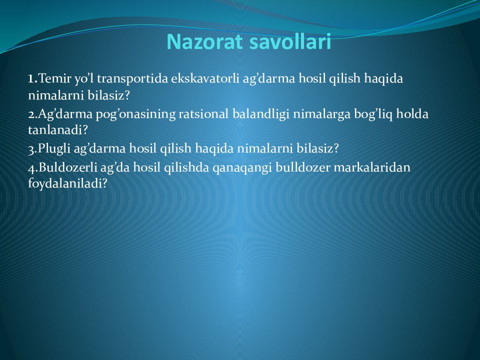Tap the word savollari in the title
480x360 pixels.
pyautogui.click(x=290, y=41)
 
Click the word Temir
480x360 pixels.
pyautogui.click(x=55, y=78)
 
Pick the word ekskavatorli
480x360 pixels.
pyautogui.click(x=205, y=78)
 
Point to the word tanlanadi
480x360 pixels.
pyautogui.click(x=55, y=130)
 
